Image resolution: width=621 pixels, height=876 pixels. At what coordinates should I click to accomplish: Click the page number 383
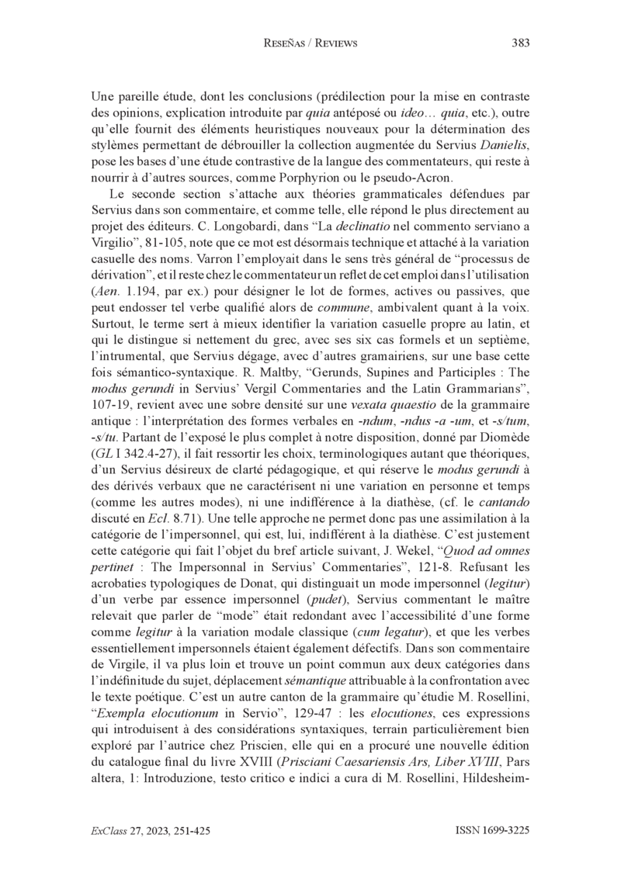[521, 43]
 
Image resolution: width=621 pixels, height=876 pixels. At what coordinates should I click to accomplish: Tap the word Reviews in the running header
[332, 43]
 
